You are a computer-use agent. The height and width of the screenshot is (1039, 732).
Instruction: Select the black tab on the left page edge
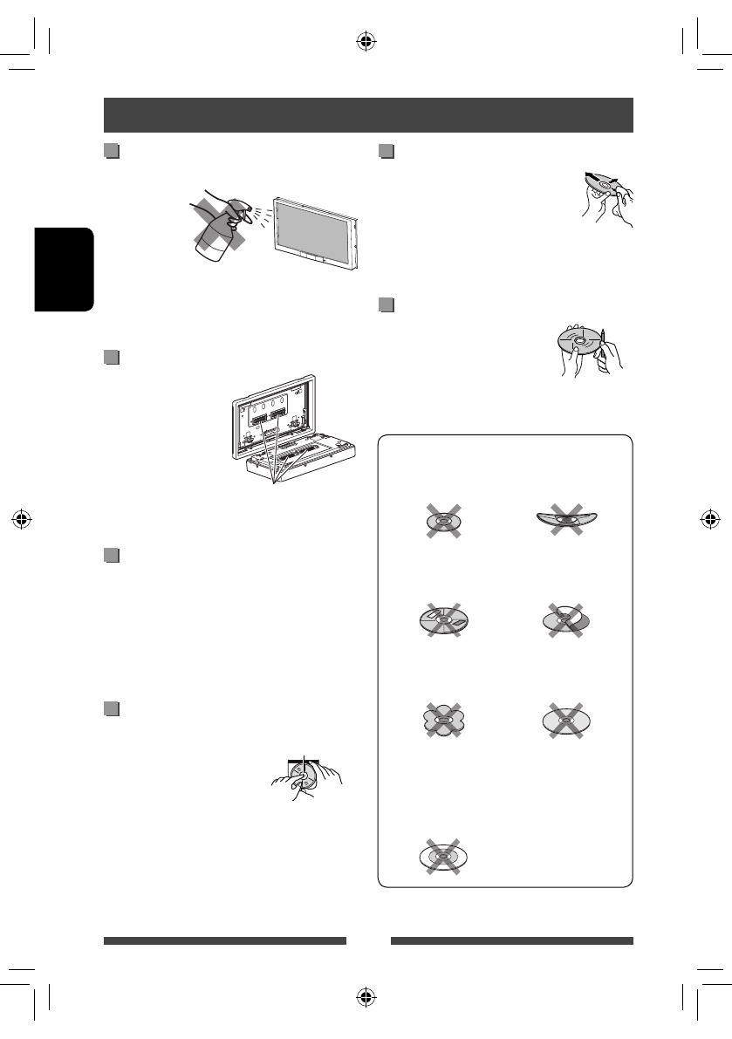pos(64,269)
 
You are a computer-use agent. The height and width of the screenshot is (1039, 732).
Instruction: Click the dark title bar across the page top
pos(367,114)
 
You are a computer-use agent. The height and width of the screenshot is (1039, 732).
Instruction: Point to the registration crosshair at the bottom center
pos(366,997)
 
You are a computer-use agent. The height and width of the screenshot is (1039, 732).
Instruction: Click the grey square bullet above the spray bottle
pos(111,153)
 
